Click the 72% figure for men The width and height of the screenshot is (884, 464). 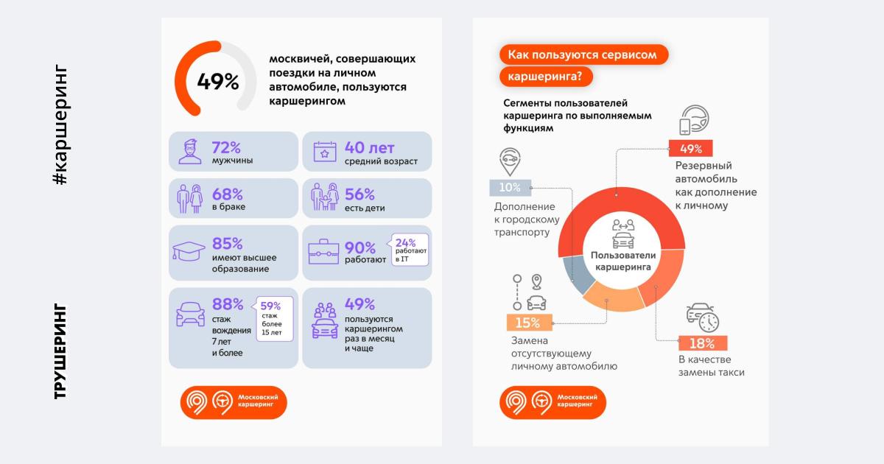227,147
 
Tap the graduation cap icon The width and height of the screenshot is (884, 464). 189,252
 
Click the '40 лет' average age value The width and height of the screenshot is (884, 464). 370,147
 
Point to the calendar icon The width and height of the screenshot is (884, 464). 324,151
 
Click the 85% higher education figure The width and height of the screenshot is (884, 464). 227,243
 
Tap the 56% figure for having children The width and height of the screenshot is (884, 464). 359,194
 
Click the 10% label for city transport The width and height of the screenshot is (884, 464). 509,187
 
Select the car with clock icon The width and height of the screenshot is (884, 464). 702,316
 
